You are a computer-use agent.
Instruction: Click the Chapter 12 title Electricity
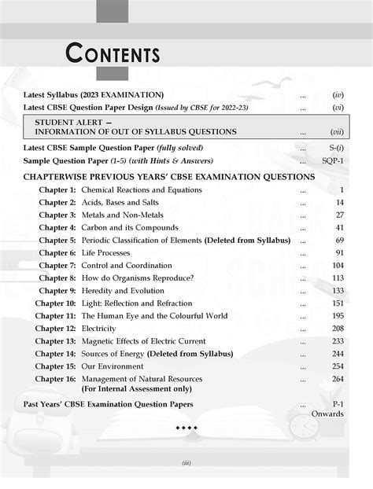(100, 329)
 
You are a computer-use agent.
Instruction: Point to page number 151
(337, 303)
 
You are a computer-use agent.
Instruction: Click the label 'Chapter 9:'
(57, 291)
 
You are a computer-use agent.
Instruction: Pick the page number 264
(337, 379)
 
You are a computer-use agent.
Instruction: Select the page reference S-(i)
(334, 148)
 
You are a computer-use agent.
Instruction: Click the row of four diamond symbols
(186, 428)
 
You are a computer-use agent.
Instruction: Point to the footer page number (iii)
(186, 463)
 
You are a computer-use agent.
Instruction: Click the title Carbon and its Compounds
(131, 228)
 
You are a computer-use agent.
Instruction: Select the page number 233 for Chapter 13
(337, 341)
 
